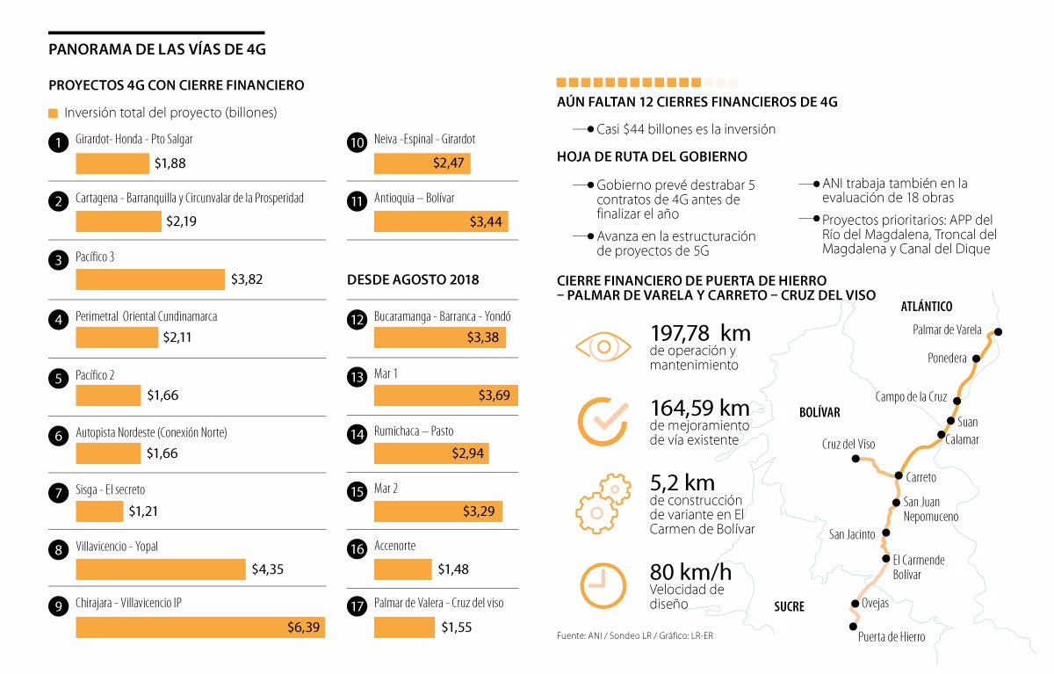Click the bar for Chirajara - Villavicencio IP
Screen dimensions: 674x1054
200,627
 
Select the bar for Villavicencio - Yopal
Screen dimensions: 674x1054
161,569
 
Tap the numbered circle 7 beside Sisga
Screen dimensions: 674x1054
59,494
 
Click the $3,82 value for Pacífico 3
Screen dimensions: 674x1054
247,279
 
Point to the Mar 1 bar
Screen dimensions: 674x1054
445,395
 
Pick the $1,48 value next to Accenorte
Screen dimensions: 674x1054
452,569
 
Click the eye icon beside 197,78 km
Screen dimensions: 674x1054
603,346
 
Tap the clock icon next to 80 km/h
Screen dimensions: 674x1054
603,583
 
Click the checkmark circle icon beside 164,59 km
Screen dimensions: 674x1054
603,422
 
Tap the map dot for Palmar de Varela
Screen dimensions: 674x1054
998,332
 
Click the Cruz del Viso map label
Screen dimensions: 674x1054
848,444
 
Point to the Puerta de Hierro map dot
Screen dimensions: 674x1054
852,626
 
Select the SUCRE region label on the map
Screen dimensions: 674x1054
789,606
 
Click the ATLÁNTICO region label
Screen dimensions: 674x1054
927,307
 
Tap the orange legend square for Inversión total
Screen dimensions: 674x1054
53,113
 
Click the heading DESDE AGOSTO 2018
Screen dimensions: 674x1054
413,279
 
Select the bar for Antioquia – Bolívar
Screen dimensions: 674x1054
441,221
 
